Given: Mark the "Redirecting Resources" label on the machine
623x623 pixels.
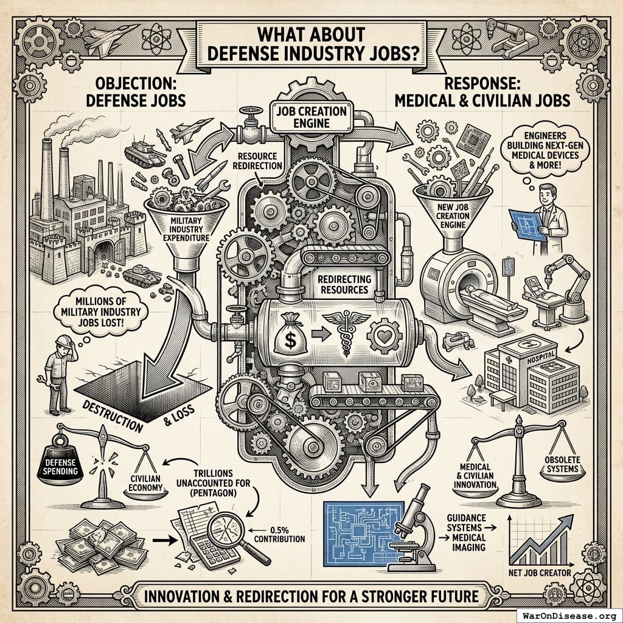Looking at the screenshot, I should pyautogui.click(x=343, y=283).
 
